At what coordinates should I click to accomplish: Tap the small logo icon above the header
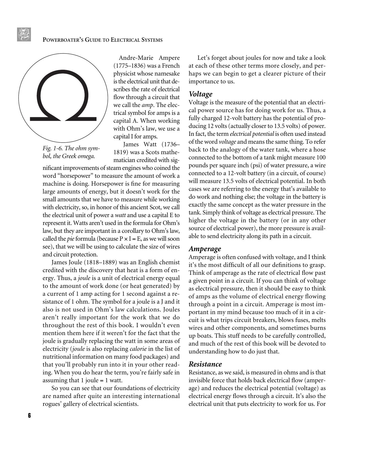point(24,34)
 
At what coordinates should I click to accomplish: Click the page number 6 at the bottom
point(29,416)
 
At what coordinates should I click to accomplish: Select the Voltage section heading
point(201,94)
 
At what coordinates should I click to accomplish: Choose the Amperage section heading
point(205,249)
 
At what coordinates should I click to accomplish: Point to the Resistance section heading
point(205,364)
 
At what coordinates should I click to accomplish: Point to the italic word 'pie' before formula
point(71,239)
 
